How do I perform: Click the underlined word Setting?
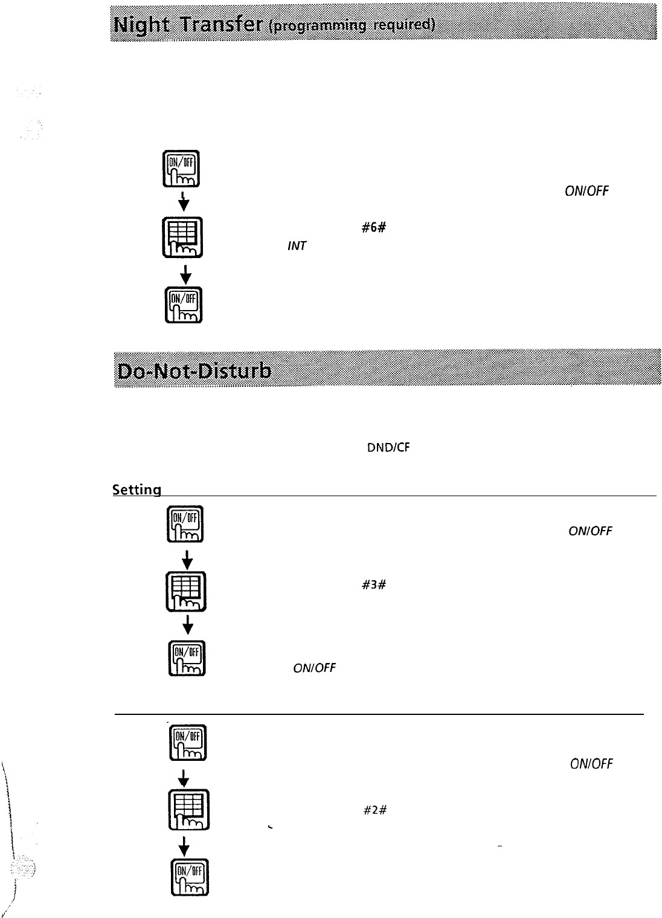137,490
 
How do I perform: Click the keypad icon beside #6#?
186,237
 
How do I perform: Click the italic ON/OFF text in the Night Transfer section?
586,192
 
